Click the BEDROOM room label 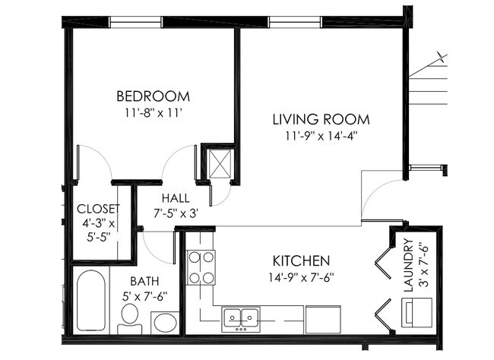(x=152, y=96)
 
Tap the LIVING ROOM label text (x=321, y=120)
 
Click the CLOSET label (x=98, y=208)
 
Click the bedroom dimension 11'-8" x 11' (x=152, y=113)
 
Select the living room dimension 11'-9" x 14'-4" (x=321, y=137)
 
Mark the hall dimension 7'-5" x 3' (x=175, y=214)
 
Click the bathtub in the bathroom (x=90, y=299)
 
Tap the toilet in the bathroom (x=129, y=318)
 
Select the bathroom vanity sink (x=164, y=322)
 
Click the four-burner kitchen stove (x=201, y=267)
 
